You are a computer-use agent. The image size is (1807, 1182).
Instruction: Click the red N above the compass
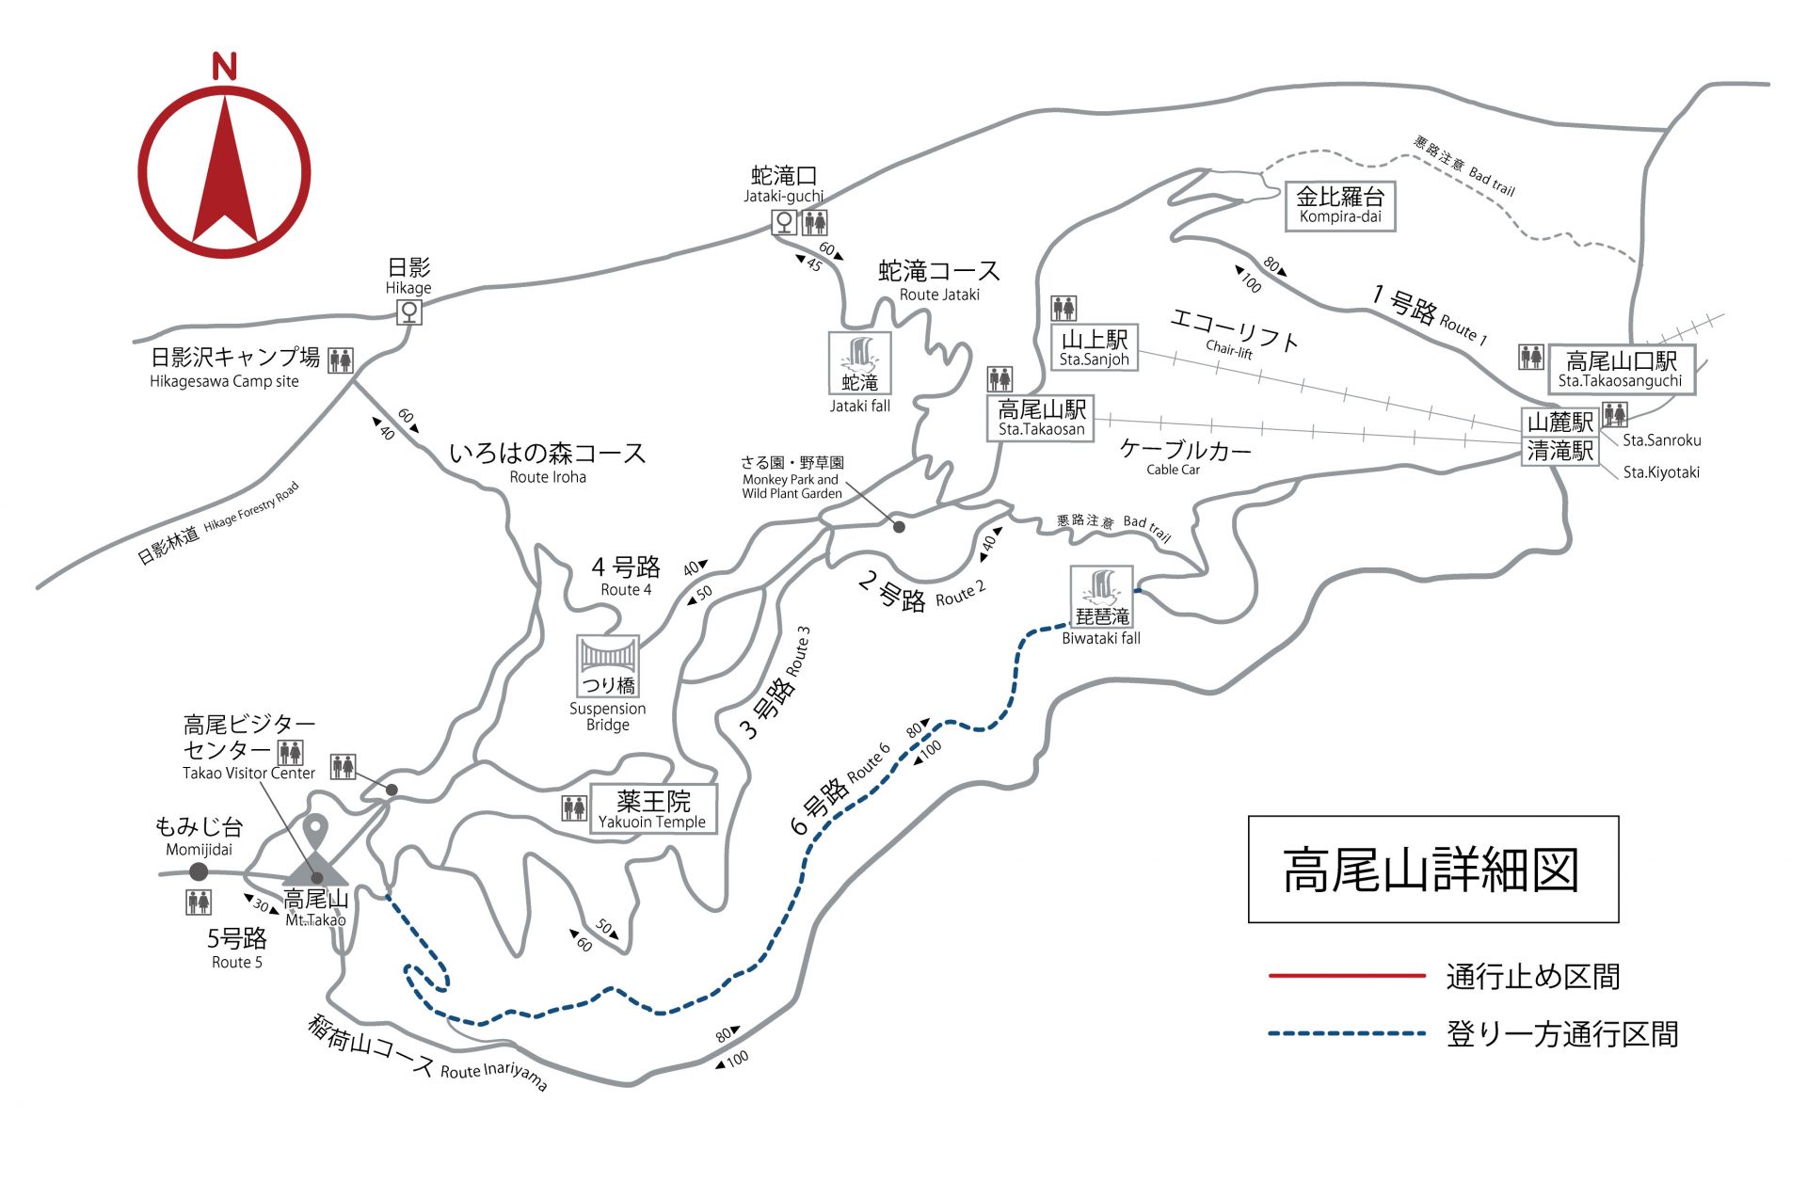224,67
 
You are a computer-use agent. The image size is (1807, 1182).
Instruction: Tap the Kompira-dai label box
1339,206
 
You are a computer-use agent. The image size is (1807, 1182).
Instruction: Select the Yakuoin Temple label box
653,809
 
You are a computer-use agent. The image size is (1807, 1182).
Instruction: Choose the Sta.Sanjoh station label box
1094,348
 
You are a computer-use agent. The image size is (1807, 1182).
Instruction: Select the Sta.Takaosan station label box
1042,418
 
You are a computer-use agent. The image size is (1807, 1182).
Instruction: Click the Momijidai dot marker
199,871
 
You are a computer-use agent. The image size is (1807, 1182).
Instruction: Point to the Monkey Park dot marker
899,527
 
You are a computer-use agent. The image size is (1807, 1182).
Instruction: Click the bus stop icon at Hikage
408,311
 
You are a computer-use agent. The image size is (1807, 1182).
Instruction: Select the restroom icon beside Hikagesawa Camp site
341,360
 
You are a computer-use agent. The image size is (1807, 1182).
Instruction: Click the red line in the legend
1346,976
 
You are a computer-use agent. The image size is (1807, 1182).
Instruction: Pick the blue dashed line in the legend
1346,1033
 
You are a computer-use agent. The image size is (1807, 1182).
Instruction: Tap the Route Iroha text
548,477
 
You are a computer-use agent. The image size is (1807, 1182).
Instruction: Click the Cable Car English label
1173,470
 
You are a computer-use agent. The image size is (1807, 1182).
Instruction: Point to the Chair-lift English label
1229,350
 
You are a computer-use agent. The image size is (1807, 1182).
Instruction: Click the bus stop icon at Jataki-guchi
784,222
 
